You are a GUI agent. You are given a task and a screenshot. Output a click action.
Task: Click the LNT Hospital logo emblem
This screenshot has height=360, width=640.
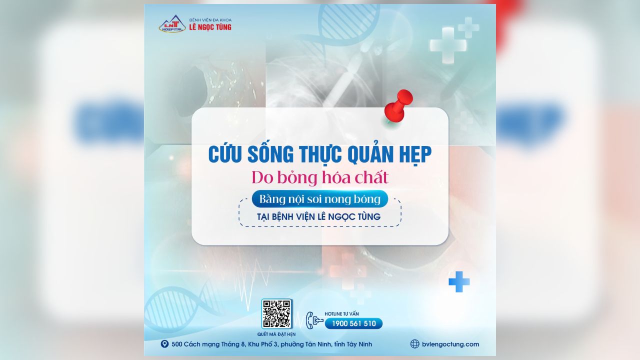(x=172, y=23)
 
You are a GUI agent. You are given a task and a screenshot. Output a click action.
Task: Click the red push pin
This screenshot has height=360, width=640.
(x=398, y=105)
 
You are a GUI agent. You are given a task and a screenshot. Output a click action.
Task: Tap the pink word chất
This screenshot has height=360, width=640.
(x=371, y=177)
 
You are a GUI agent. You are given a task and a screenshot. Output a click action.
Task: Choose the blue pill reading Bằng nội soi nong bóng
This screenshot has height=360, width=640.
(x=319, y=199)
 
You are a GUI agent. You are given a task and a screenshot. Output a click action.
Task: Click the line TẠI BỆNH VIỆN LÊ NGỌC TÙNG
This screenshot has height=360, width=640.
(x=319, y=216)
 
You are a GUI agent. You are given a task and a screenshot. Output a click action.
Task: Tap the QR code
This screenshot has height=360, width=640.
(x=276, y=313)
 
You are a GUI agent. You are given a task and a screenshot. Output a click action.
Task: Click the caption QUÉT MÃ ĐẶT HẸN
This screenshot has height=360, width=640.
(x=276, y=334)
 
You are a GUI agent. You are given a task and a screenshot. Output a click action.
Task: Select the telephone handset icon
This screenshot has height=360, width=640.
(x=310, y=320)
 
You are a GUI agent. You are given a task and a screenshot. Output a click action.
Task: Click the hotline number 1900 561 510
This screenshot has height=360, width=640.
(x=353, y=323)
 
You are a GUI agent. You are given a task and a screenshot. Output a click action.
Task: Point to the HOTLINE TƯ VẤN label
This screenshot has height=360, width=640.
(x=341, y=313)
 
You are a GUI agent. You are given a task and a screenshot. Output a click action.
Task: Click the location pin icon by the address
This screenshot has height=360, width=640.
(x=164, y=343)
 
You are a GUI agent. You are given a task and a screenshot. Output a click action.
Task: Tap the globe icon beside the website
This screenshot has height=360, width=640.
(x=414, y=344)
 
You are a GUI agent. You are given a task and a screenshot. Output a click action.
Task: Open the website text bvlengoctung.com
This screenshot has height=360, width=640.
(x=450, y=344)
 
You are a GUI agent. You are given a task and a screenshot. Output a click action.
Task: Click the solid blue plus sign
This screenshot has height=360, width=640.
(x=459, y=281)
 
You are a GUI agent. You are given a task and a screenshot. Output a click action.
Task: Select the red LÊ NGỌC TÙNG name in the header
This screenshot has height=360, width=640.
(x=210, y=27)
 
